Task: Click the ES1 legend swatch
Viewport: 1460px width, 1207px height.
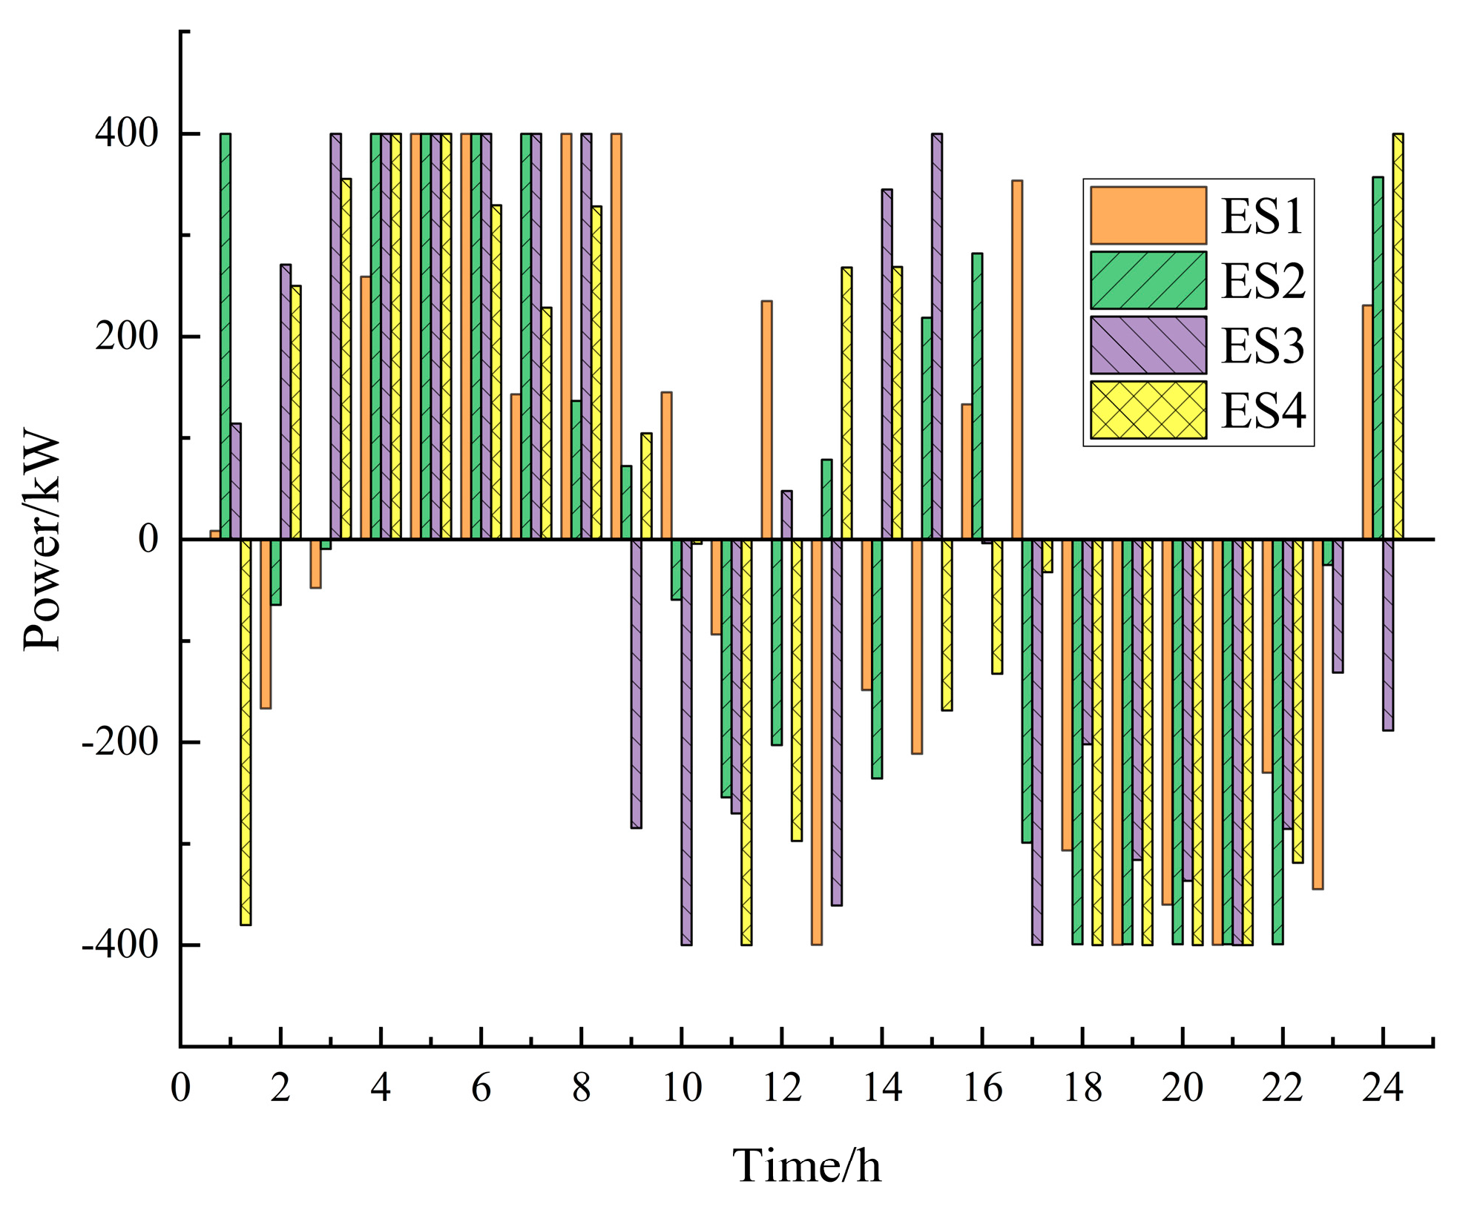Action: [1148, 215]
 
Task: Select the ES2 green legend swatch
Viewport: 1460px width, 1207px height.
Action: [1148, 280]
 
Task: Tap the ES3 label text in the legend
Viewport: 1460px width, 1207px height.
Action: [1263, 345]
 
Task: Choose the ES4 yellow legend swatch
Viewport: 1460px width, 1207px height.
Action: [1148, 410]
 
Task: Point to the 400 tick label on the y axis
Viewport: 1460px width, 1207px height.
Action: [126, 134]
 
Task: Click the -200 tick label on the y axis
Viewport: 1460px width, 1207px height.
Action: [120, 742]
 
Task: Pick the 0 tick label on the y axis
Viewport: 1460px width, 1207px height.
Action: [148, 539]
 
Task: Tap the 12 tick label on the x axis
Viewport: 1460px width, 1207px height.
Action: [782, 1088]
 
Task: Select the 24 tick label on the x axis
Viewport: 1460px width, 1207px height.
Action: [1382, 1088]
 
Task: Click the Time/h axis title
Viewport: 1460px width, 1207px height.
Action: [806, 1165]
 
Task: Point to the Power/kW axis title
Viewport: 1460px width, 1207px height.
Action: [42, 539]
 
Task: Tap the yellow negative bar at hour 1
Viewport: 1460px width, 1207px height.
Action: [246, 732]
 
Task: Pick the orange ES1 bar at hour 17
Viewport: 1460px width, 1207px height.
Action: [1017, 360]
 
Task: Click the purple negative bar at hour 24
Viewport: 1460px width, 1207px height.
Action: [1387, 635]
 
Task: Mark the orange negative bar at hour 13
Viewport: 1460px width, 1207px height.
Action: [816, 741]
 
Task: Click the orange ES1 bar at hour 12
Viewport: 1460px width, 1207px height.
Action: [766, 420]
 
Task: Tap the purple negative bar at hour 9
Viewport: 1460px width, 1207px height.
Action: [636, 683]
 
